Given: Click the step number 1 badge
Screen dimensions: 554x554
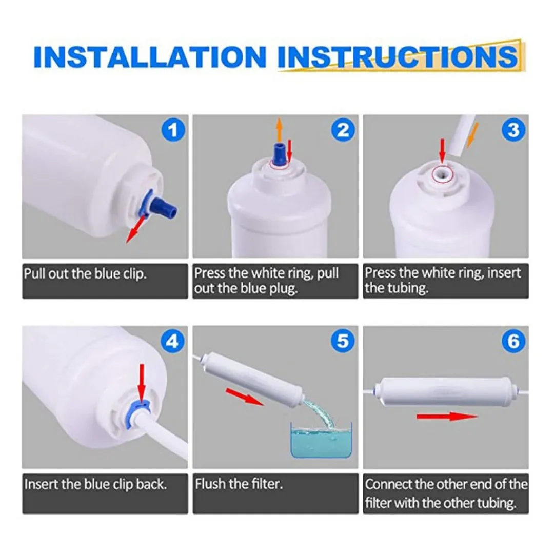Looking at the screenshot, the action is [x=173, y=130].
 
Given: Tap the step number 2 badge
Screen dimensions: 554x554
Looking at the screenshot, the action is [x=343, y=130].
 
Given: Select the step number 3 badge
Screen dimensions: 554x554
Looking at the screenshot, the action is [x=513, y=130].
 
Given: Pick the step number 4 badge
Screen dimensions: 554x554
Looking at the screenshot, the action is [x=173, y=341].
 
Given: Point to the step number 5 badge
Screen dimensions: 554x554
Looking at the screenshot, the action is [x=343, y=341].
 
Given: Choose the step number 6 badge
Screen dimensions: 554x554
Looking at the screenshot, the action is [x=513, y=341].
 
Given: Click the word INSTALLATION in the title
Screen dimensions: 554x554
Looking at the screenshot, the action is [x=150, y=56].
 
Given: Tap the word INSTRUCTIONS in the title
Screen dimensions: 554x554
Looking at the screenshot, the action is [x=398, y=56].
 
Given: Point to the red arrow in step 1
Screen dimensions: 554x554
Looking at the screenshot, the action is [x=135, y=229].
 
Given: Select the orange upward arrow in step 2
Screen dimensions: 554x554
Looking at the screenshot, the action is [x=279, y=130].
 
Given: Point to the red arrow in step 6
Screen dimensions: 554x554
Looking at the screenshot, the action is [x=447, y=416].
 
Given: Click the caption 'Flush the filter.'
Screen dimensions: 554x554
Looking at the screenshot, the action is [x=239, y=484].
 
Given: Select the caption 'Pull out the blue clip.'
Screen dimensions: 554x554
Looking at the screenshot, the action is [x=85, y=274].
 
